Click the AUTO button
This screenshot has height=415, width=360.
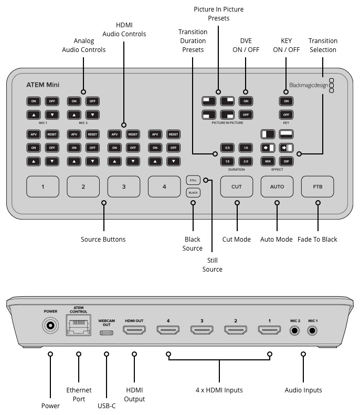(x=277, y=186)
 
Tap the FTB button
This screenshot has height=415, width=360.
(x=317, y=186)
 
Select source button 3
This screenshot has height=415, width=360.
(x=124, y=186)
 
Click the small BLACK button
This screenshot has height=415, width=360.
(x=193, y=193)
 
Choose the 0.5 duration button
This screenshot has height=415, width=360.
(x=227, y=148)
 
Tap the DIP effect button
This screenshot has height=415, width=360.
(x=287, y=161)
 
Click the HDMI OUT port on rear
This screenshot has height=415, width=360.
(x=135, y=330)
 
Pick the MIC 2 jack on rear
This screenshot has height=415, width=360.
(x=295, y=331)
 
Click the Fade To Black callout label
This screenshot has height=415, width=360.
(x=317, y=239)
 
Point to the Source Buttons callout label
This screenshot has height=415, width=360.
(x=103, y=239)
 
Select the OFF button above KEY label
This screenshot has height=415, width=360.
(x=286, y=115)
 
